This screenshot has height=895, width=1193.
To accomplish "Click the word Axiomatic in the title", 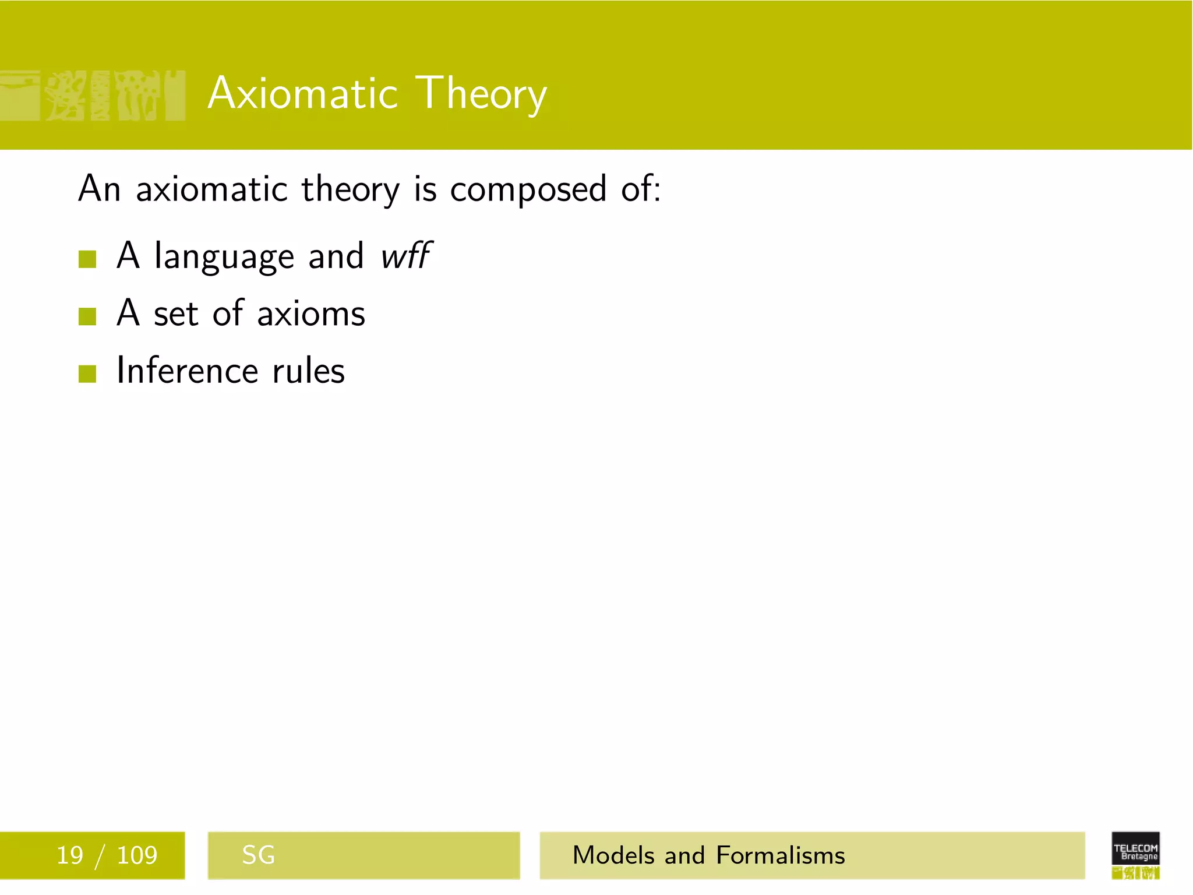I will pyautogui.click(x=303, y=93).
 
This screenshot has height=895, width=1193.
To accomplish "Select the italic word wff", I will pyautogui.click(x=405, y=256).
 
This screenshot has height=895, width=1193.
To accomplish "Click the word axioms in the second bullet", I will pyautogui.click(x=311, y=314).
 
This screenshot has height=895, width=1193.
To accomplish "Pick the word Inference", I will pyautogui.click(x=187, y=371).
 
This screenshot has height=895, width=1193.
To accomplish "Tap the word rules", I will pyautogui.click(x=309, y=371).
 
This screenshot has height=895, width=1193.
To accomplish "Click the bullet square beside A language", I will pyautogui.click(x=87, y=259).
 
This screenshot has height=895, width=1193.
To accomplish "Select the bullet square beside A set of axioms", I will pyautogui.click(x=87, y=316).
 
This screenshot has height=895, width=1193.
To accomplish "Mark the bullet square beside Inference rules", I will pyautogui.click(x=87, y=373).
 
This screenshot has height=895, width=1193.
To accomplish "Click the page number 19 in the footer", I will pyautogui.click(x=69, y=855).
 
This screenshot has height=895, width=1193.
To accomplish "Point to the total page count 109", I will pyautogui.click(x=137, y=855).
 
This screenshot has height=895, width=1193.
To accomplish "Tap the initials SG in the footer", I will pyautogui.click(x=258, y=855).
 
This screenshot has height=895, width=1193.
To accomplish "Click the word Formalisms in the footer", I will pyautogui.click(x=780, y=855).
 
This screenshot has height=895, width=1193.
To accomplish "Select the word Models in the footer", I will pyautogui.click(x=614, y=855).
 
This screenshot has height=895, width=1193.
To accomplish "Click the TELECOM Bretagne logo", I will pyautogui.click(x=1135, y=854).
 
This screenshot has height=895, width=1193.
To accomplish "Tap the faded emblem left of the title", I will pyautogui.click(x=93, y=96).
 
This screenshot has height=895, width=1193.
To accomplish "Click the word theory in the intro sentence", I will pyautogui.click(x=350, y=190).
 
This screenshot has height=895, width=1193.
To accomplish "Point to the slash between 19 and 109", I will pyautogui.click(x=100, y=856).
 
